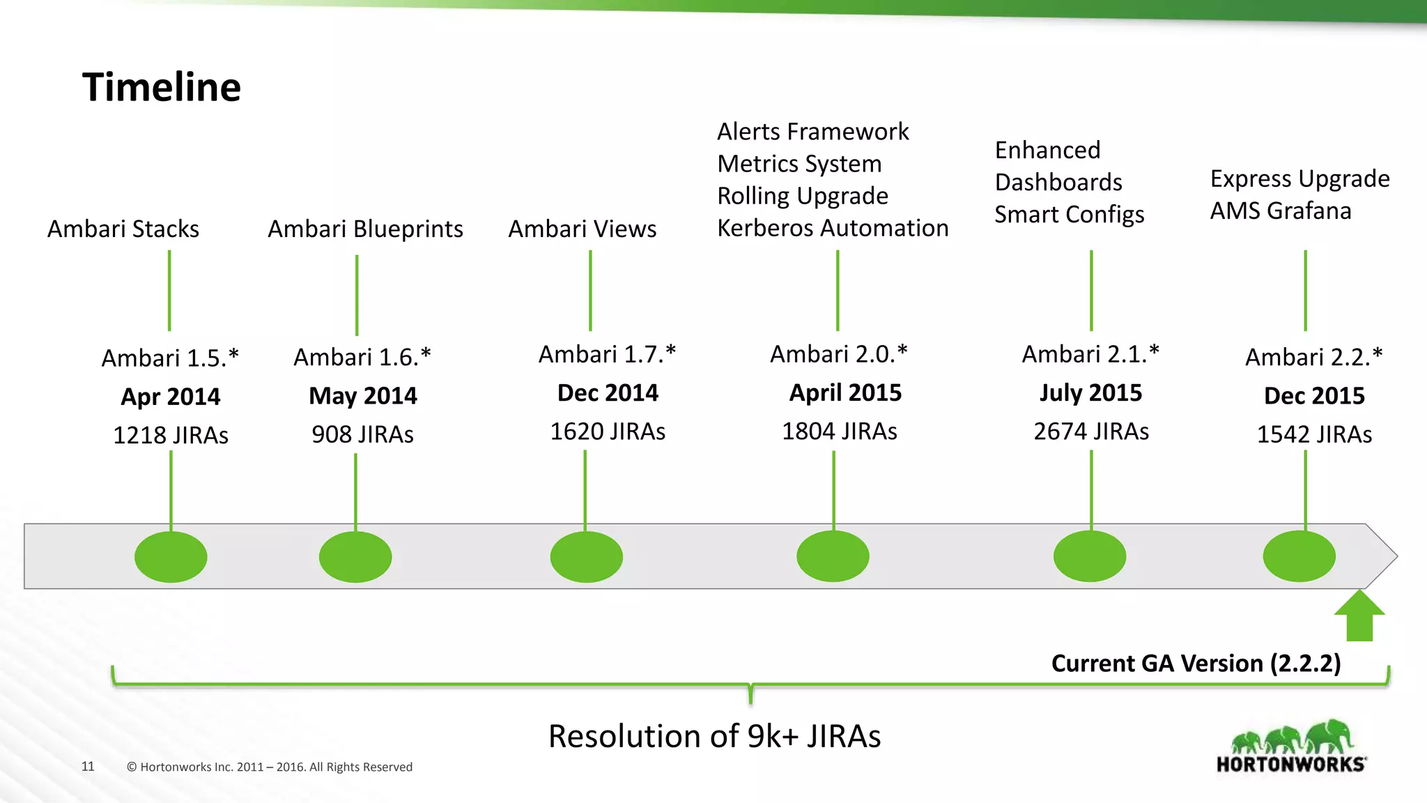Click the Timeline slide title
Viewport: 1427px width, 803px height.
coord(162,87)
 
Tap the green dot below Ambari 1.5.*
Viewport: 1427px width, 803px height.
coord(171,557)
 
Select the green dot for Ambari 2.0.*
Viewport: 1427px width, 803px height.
coord(833,556)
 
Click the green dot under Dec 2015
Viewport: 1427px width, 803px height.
coord(1299,556)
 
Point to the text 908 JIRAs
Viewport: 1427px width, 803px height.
coord(362,434)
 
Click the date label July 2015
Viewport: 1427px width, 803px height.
coord(1090,392)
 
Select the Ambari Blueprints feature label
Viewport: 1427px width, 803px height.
coord(365,229)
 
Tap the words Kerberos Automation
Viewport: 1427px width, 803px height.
coord(833,228)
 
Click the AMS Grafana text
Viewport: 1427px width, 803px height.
coord(1280,211)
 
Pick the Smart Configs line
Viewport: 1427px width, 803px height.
coord(1069,214)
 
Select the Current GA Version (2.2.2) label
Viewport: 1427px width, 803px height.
coord(1196,663)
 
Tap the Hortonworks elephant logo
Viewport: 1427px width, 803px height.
coord(1291,747)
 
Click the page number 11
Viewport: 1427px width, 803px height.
coord(88,766)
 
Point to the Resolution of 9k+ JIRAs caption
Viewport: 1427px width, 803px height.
coord(714,736)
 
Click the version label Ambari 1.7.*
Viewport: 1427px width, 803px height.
coord(607,354)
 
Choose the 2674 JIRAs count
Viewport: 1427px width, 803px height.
coord(1090,431)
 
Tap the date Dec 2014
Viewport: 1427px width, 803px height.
coord(608,392)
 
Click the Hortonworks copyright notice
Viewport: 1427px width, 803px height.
coord(270,767)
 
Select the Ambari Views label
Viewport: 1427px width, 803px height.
coord(582,229)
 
